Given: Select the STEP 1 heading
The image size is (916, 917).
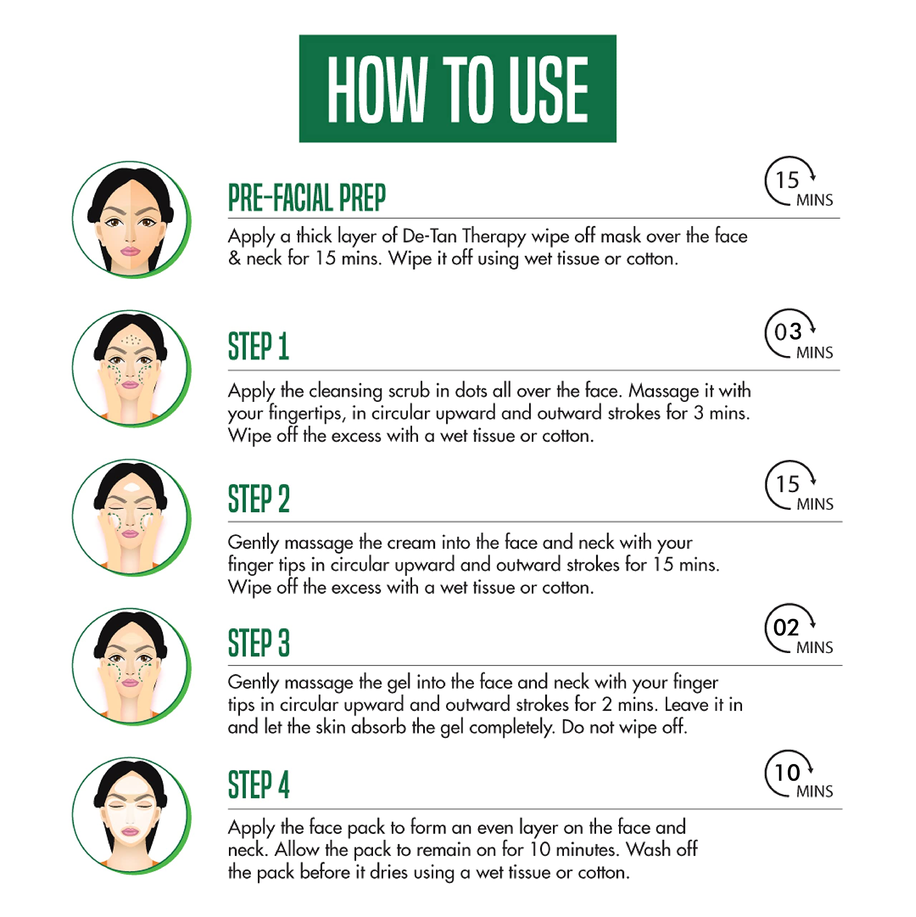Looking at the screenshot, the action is tap(258, 346).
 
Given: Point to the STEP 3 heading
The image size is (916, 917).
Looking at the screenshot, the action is tap(258, 643).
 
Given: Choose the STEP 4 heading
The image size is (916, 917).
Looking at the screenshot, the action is tap(258, 785).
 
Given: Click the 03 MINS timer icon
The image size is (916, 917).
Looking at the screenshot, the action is tap(798, 334).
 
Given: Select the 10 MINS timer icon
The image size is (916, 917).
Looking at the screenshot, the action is tap(798, 774).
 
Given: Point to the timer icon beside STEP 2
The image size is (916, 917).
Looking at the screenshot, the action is tap(798, 486).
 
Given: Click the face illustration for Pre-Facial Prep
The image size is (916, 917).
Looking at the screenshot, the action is tap(131, 219).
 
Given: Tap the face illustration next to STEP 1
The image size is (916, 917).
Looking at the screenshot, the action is tap(131, 368).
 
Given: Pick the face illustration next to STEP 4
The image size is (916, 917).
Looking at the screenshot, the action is tap(131, 815).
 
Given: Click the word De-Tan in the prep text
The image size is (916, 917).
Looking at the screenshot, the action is tap(429, 236).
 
